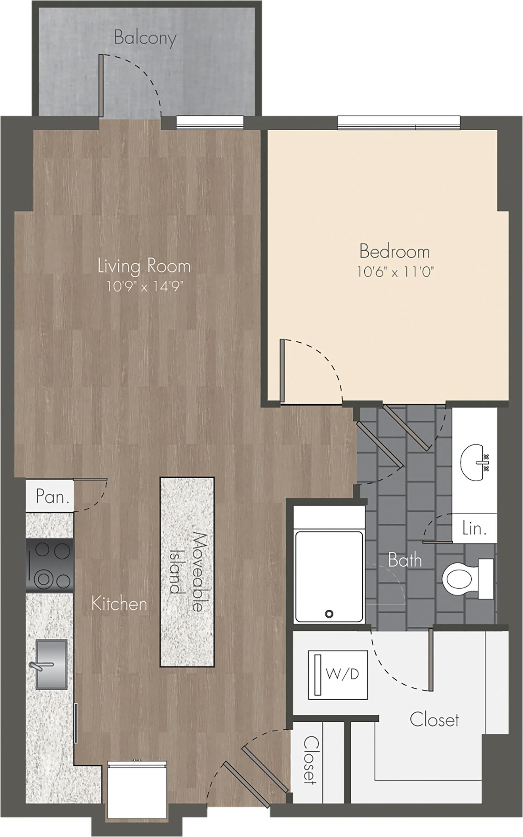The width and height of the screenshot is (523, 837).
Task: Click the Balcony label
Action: point(145,38)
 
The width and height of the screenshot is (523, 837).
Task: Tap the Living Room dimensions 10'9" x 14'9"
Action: point(144,286)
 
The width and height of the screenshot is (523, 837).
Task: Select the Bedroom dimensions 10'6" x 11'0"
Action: point(395,272)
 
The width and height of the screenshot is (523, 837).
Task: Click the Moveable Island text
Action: point(187,571)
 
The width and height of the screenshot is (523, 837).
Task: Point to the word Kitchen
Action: point(119,604)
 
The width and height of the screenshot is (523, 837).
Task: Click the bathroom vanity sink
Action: point(474,463)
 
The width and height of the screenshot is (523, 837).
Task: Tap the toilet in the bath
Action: point(467,579)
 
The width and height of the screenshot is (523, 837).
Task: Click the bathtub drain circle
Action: point(329,614)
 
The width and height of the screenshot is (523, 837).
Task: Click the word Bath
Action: point(405,560)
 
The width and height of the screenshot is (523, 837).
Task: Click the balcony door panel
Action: point(101,85)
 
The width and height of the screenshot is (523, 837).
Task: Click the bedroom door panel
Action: point(282,371)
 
